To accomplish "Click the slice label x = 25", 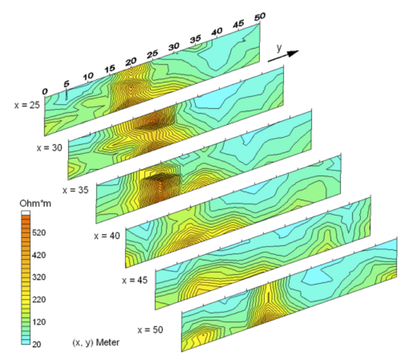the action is click(27, 105).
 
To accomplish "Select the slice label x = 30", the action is click(50, 148).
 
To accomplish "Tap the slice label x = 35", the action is click(75, 190).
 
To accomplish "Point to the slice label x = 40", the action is click(107, 236).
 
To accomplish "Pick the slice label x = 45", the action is click(135, 280).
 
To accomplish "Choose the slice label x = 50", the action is click(150, 330).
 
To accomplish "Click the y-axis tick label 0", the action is click(45, 91).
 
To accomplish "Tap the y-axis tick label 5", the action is click(67, 84).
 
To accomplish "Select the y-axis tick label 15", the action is click(110, 69).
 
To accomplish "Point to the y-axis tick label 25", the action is click(153, 54).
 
